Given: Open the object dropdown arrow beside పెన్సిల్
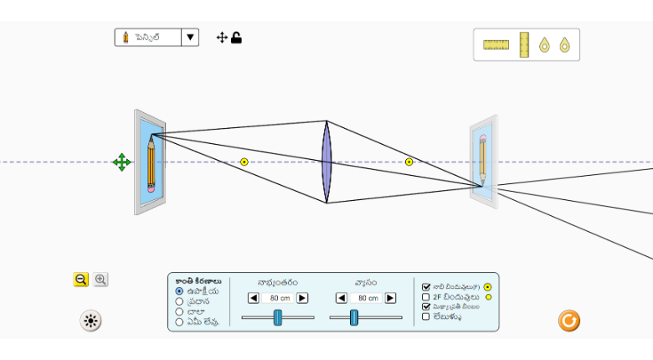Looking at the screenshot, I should coord(190,37).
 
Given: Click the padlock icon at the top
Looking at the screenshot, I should coord(237,37).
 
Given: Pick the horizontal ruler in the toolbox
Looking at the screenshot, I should coord(496,44).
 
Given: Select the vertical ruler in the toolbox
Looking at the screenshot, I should coord(524,44).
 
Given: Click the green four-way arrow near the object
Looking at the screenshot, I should coord(121,162).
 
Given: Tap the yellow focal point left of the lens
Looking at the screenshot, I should coord(244,162).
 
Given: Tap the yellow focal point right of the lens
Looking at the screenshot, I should coord(409,162).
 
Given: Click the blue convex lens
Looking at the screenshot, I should coord(326,162).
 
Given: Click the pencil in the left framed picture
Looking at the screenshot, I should coord(152,163).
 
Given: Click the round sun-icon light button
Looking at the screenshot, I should coord(91,320).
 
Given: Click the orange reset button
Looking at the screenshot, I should coord(569,320).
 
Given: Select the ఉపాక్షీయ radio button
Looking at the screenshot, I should coord(179,291).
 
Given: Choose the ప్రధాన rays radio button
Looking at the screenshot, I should coord(179,301).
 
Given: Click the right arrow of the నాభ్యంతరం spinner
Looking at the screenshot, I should coord(302,298).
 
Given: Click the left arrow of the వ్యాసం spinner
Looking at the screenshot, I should coord(342,298).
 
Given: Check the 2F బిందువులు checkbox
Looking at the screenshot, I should coord(426,296).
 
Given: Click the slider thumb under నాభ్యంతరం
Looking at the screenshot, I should coord(277,317).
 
